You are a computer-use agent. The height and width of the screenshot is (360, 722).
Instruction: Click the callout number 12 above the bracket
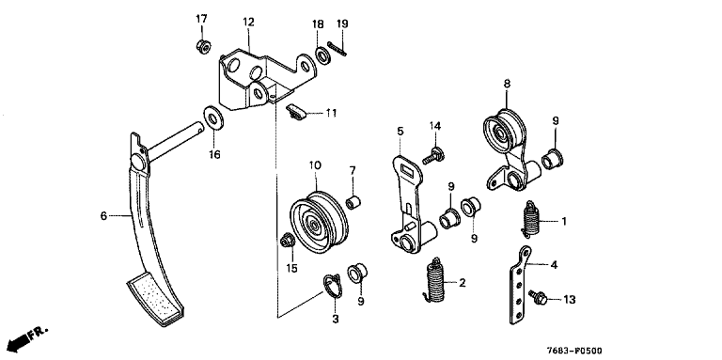pos(248,22)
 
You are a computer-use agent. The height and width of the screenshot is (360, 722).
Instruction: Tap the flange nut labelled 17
pos(203,46)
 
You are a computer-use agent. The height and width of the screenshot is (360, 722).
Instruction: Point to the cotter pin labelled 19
pos(337,49)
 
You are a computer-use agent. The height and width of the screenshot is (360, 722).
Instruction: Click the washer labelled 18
pos(322,55)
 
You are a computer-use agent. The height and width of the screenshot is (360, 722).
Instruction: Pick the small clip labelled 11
pos(294,113)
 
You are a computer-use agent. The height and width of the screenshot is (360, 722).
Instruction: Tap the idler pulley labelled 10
pos(319,223)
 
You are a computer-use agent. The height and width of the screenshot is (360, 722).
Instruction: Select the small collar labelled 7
pos(353,202)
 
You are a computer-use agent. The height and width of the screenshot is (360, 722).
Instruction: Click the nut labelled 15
pos(287,240)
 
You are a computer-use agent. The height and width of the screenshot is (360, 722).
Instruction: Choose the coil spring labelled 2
pos(433,280)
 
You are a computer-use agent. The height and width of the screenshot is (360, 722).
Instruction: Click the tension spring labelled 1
pos(532,219)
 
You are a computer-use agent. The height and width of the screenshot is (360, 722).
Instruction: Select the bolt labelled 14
pos(433,156)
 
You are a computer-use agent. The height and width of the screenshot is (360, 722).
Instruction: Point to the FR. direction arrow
pos(27,338)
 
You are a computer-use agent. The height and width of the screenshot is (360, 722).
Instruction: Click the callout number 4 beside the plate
pos(554,265)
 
